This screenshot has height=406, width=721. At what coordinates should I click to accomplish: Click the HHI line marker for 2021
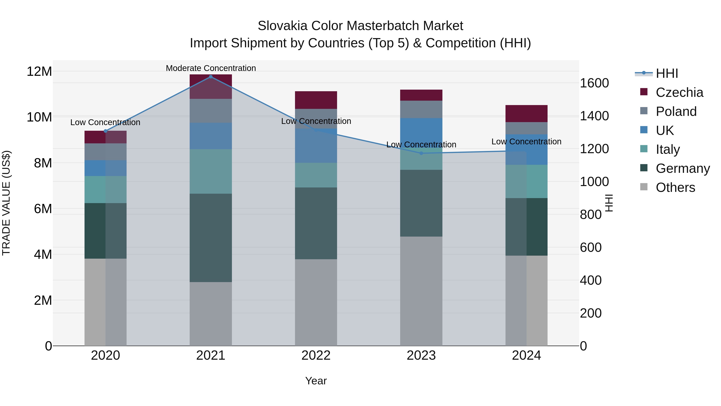211,77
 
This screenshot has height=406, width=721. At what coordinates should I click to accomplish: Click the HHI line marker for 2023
421,153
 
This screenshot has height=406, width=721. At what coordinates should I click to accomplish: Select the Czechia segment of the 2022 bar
316,100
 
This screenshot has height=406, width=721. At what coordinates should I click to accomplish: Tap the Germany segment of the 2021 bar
211,238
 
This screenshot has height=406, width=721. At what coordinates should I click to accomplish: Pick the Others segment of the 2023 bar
421,291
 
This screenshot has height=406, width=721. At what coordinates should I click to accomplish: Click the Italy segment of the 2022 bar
316,175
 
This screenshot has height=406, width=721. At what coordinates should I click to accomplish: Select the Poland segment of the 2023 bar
421,109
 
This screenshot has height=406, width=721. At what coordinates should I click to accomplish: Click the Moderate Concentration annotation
211,68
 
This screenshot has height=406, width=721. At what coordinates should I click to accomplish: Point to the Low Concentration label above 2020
105,123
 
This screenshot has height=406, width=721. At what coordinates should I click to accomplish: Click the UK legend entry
665,131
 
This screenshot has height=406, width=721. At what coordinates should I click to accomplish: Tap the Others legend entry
675,187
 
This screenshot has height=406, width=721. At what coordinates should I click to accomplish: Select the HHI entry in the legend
667,73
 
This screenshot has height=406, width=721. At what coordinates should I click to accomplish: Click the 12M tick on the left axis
39,71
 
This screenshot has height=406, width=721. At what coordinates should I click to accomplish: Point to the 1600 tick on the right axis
594,83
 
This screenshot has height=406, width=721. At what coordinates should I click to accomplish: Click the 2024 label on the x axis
526,355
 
